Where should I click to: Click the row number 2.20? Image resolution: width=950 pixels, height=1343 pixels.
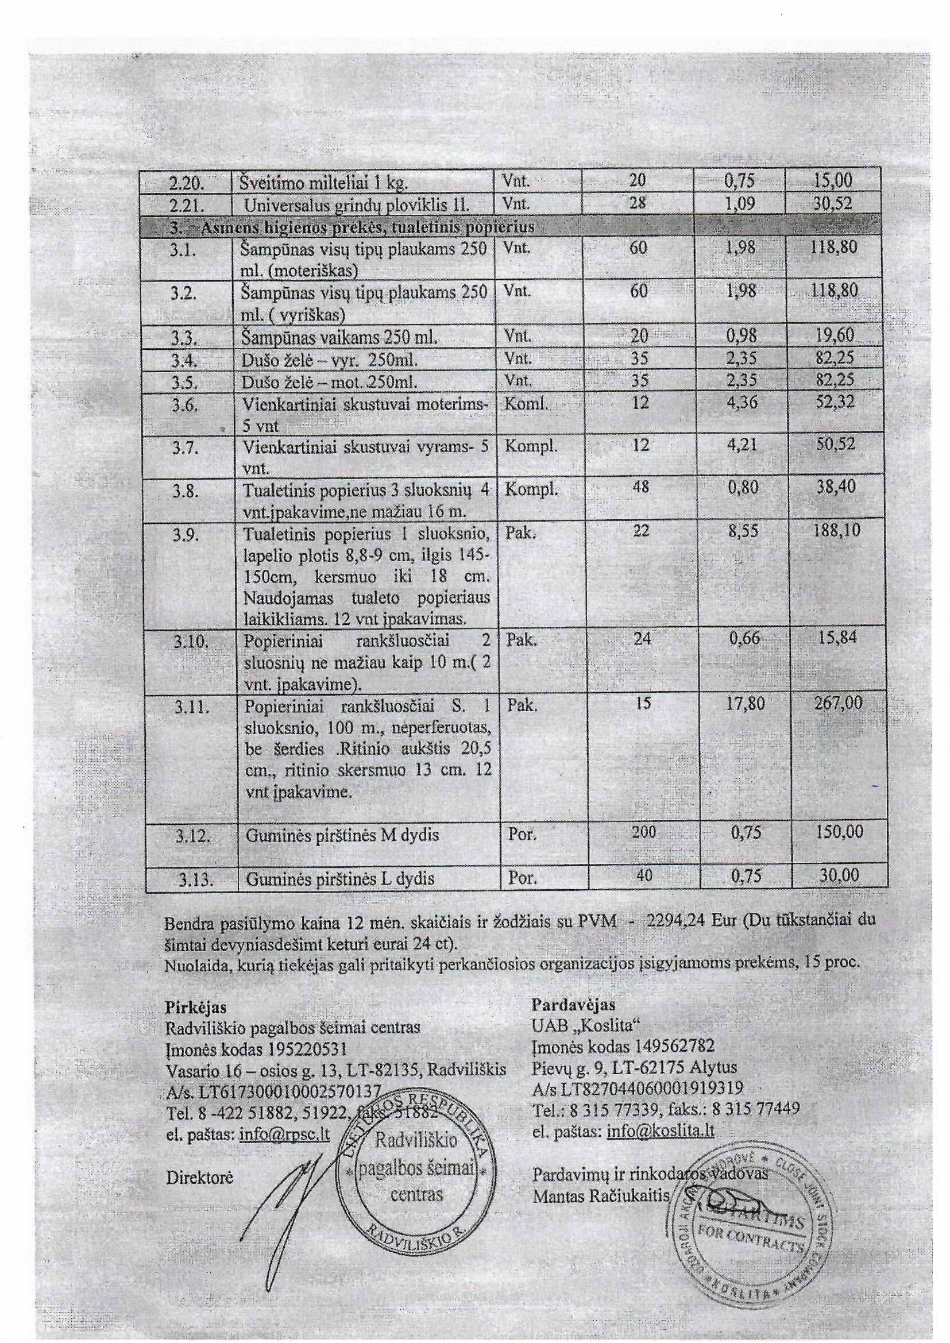[x=186, y=183]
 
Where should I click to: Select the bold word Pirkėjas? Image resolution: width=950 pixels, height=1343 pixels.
[x=196, y=1008]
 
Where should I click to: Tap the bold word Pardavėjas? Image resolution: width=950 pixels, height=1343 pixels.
[x=573, y=1005]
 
